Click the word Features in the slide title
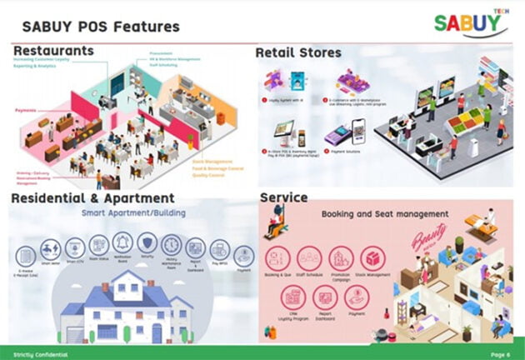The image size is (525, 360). click(x=143, y=27)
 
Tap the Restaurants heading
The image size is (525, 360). click(x=53, y=52)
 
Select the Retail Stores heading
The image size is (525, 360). click(x=298, y=52)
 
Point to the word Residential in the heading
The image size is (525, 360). click(x=52, y=198)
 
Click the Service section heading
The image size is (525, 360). click(x=283, y=197)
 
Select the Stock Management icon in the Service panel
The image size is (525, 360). click(x=373, y=257)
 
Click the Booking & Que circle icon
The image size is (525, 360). click(x=277, y=257)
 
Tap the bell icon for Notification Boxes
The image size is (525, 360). click(x=123, y=242)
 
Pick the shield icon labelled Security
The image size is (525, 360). click(x=147, y=242)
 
